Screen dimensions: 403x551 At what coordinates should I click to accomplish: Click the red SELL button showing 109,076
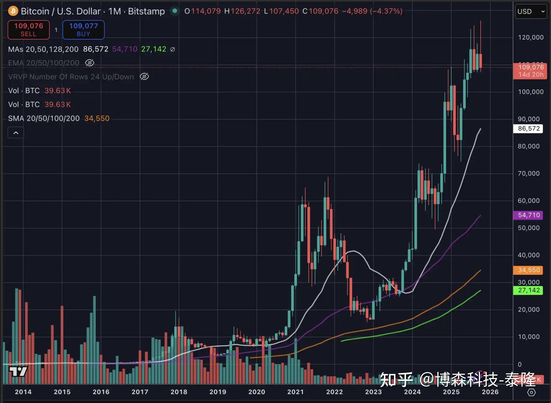[28, 30]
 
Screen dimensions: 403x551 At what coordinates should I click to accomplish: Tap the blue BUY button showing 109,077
[83, 30]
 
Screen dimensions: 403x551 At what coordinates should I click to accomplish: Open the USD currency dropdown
[531, 11]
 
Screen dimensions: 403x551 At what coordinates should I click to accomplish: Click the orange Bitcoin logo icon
[13, 11]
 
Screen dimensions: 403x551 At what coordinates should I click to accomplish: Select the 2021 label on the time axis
[295, 392]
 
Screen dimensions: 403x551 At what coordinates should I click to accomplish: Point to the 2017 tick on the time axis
[140, 392]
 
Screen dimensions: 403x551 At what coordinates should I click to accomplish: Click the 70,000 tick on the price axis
[529, 173]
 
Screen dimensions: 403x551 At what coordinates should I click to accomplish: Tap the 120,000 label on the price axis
[531, 37]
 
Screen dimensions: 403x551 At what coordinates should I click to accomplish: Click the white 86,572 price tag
[529, 129]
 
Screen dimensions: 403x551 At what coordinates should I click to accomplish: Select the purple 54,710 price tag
[529, 215]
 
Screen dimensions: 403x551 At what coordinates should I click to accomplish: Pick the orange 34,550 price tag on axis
[529, 270]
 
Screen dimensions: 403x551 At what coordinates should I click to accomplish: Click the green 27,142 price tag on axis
[529, 290]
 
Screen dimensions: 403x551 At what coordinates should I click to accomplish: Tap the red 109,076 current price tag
[531, 71]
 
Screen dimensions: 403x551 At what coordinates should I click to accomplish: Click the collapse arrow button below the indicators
[16, 133]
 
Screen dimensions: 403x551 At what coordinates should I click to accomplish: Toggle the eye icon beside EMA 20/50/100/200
[90, 63]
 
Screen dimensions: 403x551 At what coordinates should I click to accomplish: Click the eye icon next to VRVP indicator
[144, 76]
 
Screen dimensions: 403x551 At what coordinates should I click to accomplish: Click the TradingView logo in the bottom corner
[18, 371]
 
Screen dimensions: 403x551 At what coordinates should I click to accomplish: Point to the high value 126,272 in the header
[245, 11]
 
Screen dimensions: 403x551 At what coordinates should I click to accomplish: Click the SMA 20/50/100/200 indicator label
[44, 118]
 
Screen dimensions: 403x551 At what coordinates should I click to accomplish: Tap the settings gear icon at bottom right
[531, 392]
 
